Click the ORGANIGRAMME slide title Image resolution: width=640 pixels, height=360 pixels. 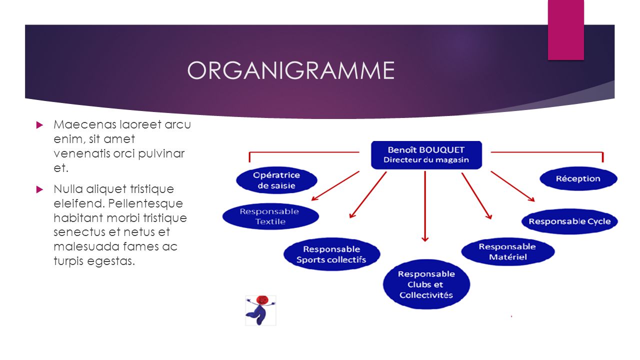point(291,70)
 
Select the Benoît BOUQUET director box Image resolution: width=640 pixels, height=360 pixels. point(426,155)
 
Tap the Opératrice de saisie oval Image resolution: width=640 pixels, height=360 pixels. point(276,180)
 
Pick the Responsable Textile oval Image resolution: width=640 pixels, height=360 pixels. point(270,216)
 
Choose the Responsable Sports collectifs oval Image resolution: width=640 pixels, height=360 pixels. point(331,254)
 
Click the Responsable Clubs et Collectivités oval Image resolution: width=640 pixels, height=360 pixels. point(426,284)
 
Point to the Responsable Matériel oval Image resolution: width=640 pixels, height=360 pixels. point(507,251)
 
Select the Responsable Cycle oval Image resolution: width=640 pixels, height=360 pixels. point(569,221)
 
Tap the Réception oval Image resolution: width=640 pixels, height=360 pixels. point(578,178)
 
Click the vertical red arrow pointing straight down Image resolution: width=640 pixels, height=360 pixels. point(425,206)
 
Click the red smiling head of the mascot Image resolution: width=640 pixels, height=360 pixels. point(262,300)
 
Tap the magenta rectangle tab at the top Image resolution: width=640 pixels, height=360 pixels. point(565,29)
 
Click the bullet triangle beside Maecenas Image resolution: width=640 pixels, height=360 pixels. point(39,125)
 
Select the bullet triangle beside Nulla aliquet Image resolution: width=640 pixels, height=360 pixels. point(39,189)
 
